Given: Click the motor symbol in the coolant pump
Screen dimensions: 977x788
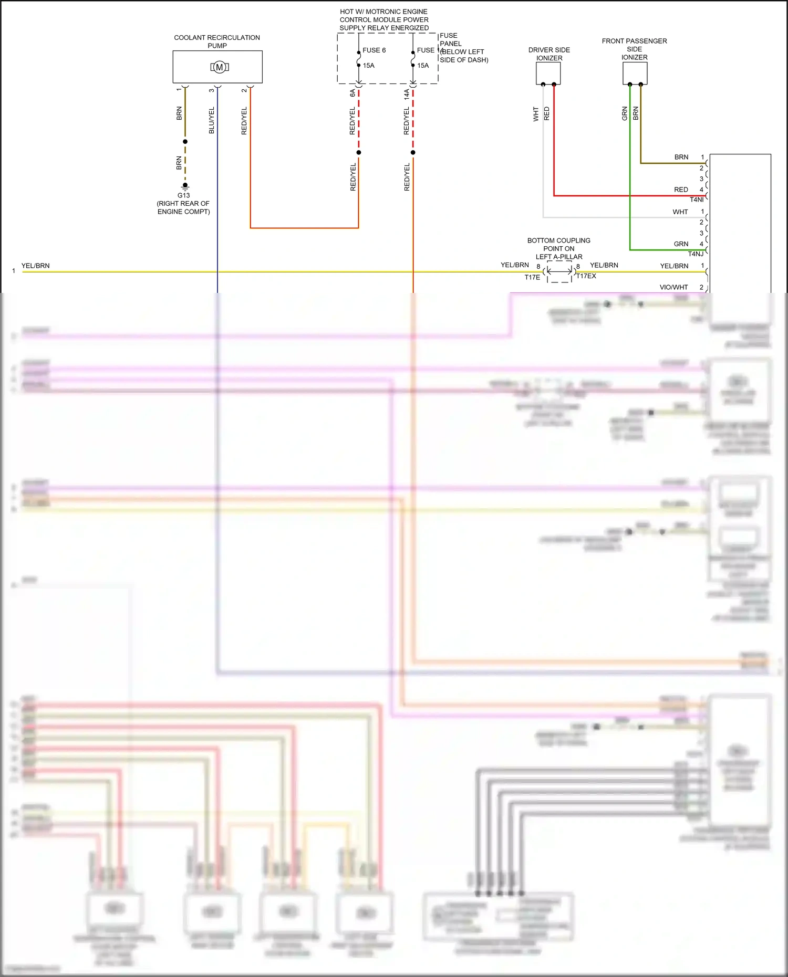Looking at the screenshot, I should pyautogui.click(x=220, y=67).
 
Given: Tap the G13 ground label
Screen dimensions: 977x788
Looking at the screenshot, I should pyautogui.click(x=183, y=195).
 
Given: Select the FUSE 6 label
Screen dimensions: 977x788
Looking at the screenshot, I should pyautogui.click(x=374, y=50).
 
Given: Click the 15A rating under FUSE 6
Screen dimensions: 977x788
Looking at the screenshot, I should pyautogui.click(x=368, y=66).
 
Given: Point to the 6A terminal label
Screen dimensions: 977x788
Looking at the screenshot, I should pyautogui.click(x=352, y=93).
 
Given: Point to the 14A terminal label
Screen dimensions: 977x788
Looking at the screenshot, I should pyautogui.click(x=407, y=94).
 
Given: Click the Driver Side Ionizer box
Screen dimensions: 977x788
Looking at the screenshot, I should pyautogui.click(x=548, y=73).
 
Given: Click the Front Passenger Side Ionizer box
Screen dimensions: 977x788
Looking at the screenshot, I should pyautogui.click(x=635, y=73).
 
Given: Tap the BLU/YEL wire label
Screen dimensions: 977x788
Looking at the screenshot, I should pyautogui.click(x=212, y=120).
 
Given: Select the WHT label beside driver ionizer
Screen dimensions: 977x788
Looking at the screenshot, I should pyautogui.click(x=536, y=114).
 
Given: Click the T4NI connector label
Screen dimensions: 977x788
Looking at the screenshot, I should pyautogui.click(x=696, y=199).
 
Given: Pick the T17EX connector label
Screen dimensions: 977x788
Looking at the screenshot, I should pyautogui.click(x=586, y=276).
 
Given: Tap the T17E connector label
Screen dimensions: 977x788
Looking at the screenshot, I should pyautogui.click(x=532, y=277).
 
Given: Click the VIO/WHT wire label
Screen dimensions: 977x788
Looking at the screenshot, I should pyautogui.click(x=673, y=287).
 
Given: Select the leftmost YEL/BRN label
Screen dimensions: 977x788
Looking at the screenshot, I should pyautogui.click(x=36, y=266).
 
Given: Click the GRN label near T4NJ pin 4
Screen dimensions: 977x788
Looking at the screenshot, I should pyautogui.click(x=681, y=244).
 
